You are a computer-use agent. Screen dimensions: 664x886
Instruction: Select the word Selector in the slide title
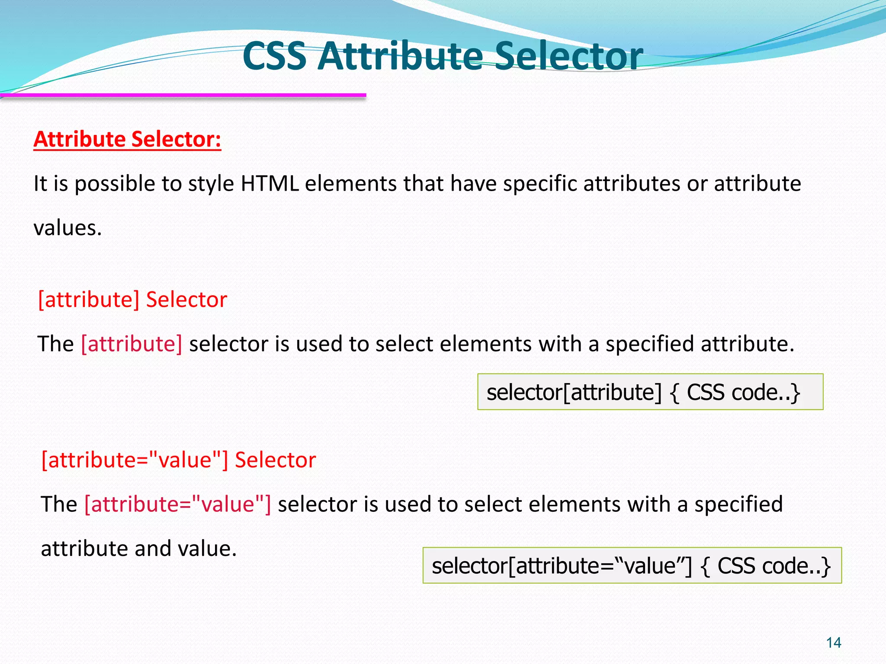[568, 56]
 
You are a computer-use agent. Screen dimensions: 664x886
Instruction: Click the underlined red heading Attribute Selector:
[127, 140]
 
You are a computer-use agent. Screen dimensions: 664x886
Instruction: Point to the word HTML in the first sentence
[270, 184]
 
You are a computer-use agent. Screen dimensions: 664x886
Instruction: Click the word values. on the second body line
[67, 228]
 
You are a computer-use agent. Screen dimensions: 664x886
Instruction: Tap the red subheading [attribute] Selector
[132, 300]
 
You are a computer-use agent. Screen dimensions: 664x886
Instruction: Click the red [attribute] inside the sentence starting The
[132, 344]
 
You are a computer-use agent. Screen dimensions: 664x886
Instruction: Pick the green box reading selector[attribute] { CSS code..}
[650, 392]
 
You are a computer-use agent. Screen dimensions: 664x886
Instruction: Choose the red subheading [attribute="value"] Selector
[178, 460]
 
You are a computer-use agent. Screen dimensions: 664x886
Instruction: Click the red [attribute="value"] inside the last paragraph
[177, 504]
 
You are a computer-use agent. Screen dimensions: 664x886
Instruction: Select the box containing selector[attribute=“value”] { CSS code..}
[632, 565]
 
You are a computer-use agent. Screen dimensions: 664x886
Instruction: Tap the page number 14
[833, 643]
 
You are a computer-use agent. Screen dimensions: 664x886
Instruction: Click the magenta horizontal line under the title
[183, 95]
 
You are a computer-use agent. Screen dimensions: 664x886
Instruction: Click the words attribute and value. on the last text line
[138, 549]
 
